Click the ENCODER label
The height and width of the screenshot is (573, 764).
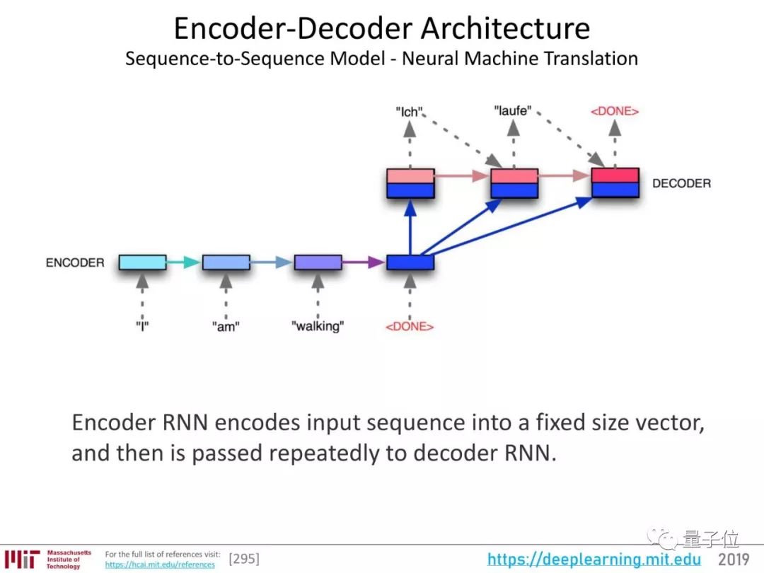(74, 262)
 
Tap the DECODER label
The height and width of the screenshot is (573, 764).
(681, 183)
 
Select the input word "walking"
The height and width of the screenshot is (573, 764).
(318, 326)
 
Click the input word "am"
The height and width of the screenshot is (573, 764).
(225, 326)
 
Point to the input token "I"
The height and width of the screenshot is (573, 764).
(142, 326)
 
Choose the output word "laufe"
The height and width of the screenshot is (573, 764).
(512, 111)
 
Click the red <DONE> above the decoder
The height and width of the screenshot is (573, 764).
(615, 111)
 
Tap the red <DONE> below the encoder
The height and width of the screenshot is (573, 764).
(409, 326)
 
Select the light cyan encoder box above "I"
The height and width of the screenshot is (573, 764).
(142, 262)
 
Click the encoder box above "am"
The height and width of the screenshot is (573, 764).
(226, 262)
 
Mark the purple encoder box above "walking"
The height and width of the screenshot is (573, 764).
(318, 262)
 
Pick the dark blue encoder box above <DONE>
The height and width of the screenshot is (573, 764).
(410, 262)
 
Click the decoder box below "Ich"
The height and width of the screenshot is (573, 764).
(410, 183)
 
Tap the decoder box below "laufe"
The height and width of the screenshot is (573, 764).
(514, 183)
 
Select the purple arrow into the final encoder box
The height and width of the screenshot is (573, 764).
(364, 262)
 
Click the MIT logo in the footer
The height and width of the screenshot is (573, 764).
(21, 559)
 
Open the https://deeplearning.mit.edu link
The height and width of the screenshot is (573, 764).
(594, 560)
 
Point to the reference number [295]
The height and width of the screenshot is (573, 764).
(244, 560)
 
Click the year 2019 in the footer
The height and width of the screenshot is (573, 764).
(734, 560)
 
